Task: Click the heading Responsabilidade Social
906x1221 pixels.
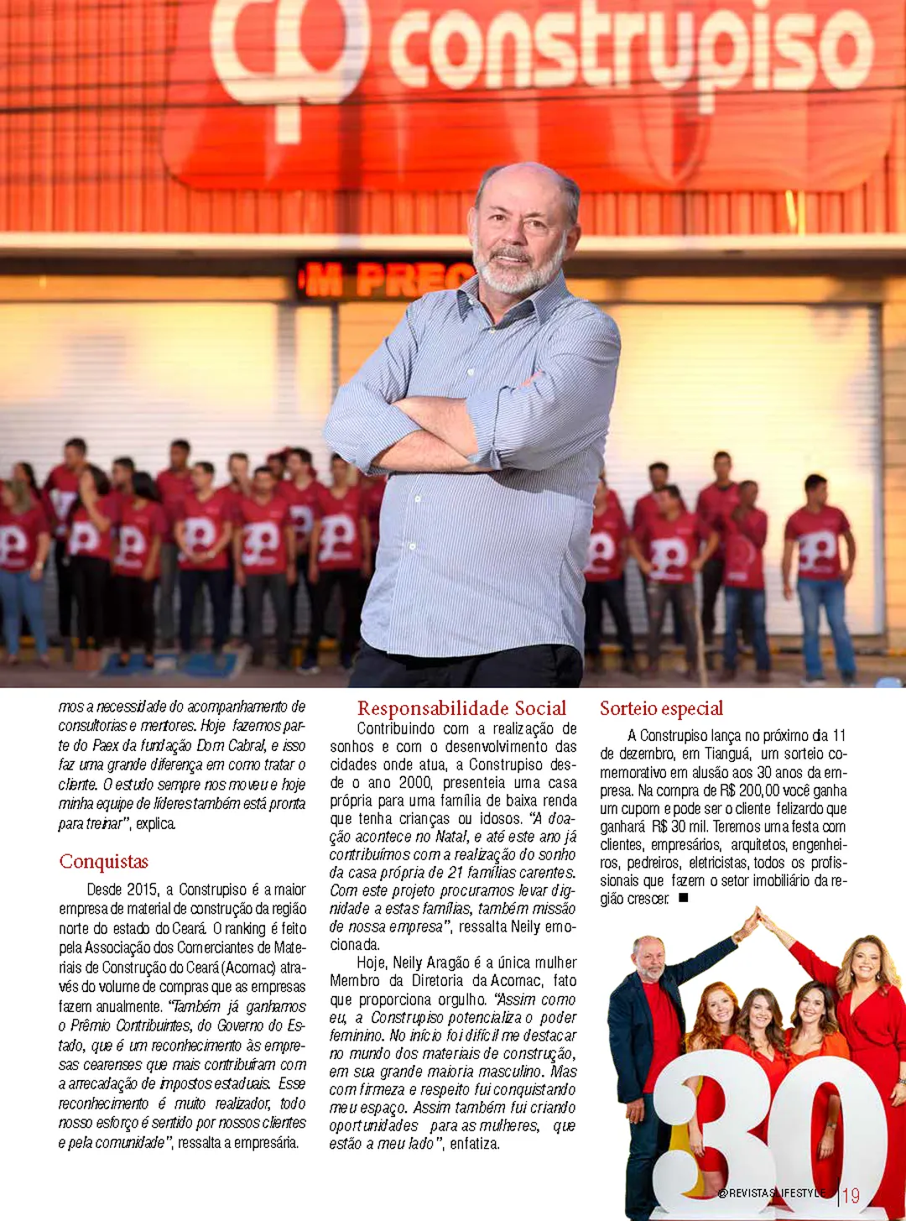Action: (461, 709)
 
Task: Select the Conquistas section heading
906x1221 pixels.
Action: (104, 862)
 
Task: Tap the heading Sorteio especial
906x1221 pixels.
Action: (661, 709)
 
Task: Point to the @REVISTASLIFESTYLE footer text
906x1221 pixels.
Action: (772, 1193)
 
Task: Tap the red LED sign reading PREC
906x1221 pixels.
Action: (386, 280)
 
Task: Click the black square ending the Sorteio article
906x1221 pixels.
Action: (684, 898)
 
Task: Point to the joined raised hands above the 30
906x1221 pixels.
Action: (758, 913)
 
